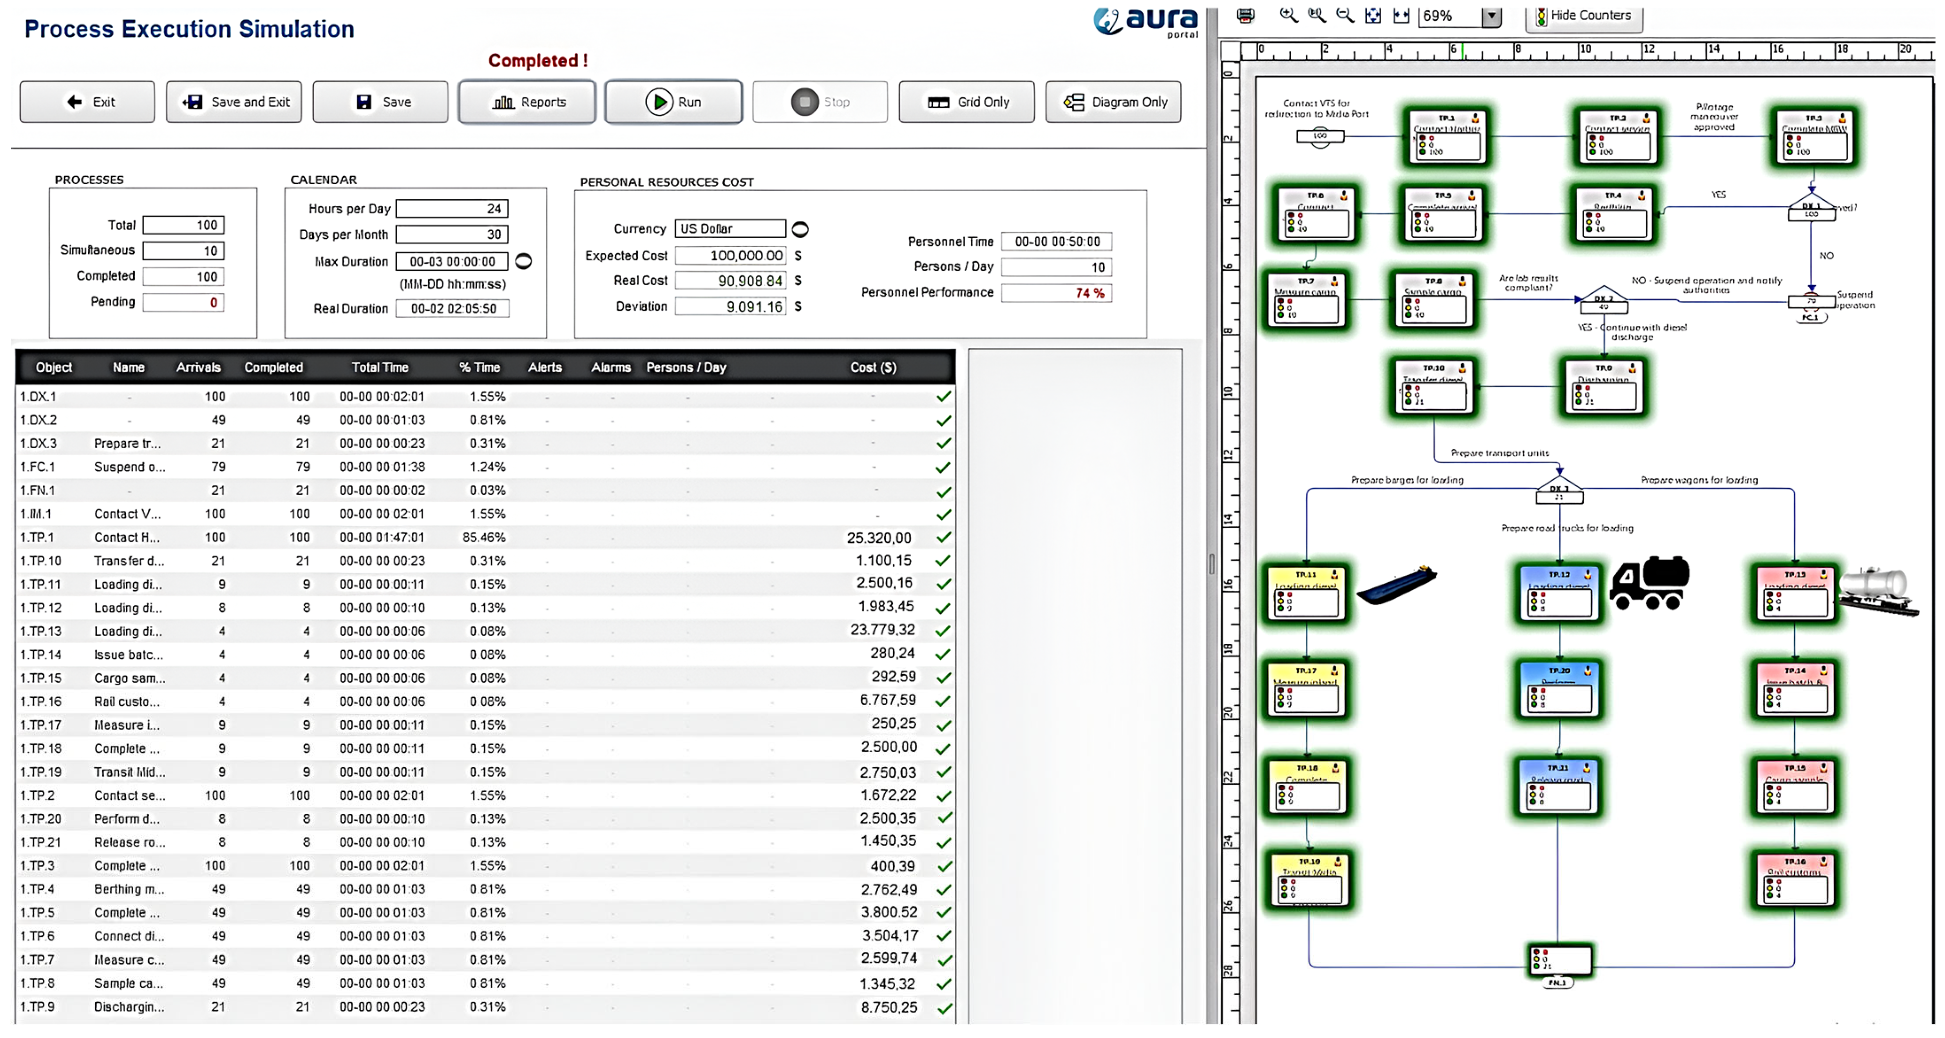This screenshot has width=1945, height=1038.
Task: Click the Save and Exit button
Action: pos(234,102)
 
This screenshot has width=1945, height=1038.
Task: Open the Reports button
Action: pos(527,102)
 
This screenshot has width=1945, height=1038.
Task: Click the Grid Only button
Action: pos(967,102)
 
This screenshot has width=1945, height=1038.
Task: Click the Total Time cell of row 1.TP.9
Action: pos(382,1007)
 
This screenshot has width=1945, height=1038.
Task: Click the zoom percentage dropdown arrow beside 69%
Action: pos(1491,16)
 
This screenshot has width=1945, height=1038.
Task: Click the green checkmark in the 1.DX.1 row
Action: pos(943,397)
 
